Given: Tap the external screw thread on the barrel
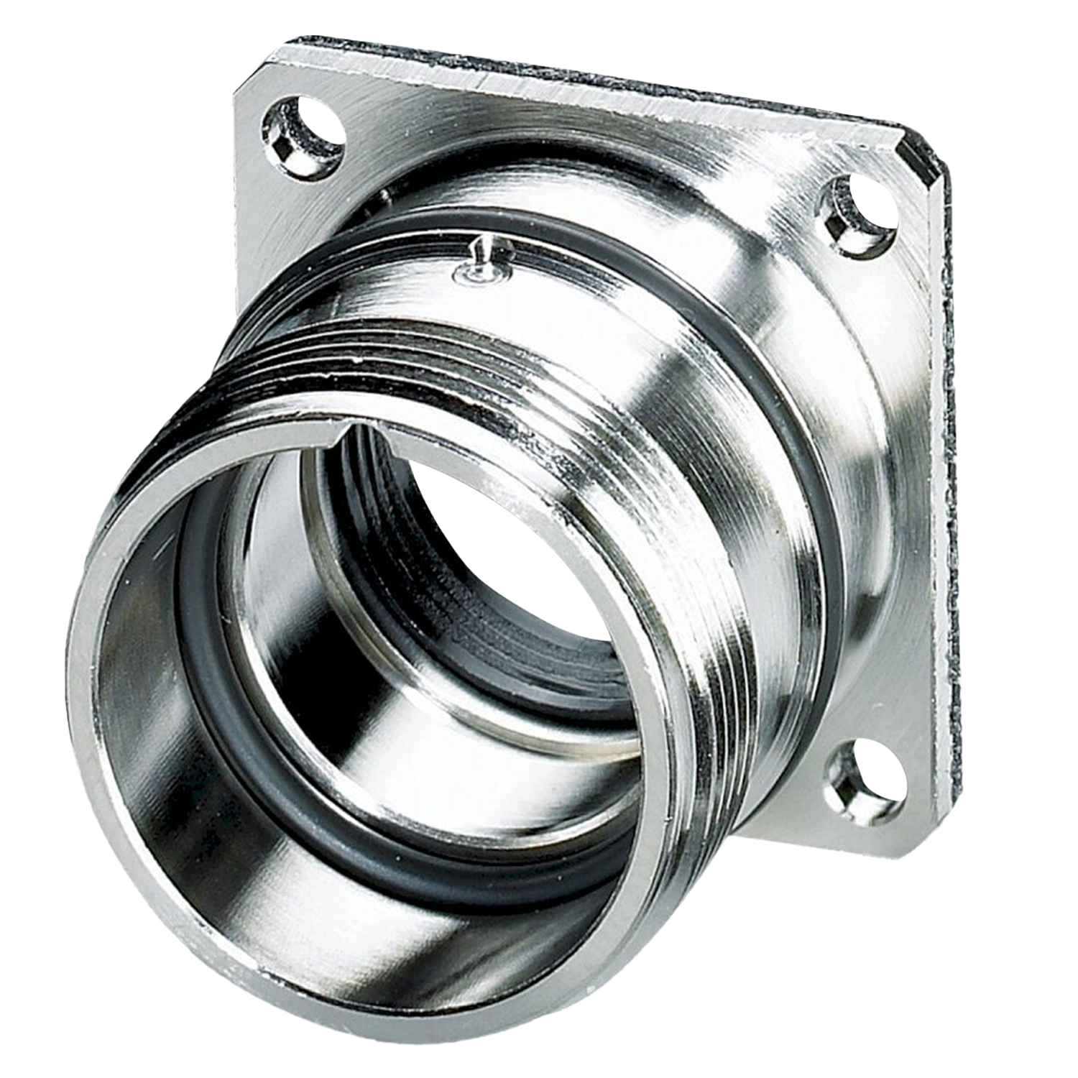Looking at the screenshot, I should click(x=690, y=503).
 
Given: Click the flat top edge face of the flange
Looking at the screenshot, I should click(x=575, y=79).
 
